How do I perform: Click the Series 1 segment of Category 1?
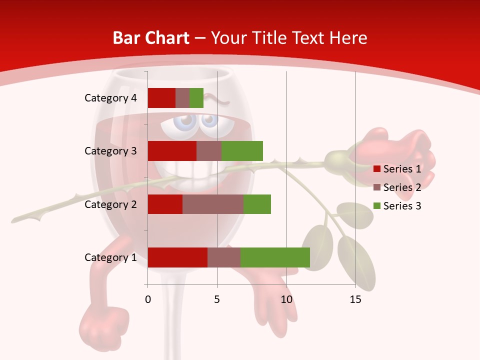pos(177,257)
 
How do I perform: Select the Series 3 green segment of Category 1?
pos(275,257)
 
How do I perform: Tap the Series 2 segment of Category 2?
pos(213,204)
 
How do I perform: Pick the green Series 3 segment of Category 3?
pos(242,151)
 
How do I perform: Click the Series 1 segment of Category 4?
pos(161,98)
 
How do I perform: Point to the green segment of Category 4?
pos(196,98)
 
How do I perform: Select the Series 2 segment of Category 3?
pos(209,151)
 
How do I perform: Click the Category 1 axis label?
pos(110,257)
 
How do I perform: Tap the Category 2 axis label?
pos(110,204)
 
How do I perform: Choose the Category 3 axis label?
pos(110,151)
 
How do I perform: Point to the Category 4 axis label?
pos(110,98)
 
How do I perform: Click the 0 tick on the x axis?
pos(148,299)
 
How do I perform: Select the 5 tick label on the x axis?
pos(217,299)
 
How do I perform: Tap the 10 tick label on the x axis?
pos(286,299)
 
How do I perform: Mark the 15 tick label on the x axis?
pos(355,299)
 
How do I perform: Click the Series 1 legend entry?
pos(397,169)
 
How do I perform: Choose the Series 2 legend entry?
pos(397,187)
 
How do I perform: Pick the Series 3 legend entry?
pos(397,206)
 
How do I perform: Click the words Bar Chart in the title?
pos(150,38)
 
